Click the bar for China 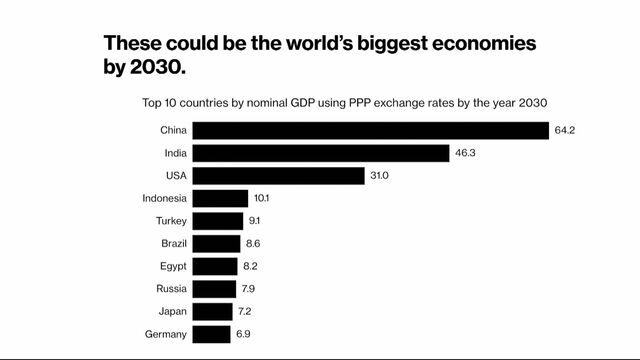click(370, 130)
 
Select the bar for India click(320, 153)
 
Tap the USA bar click(278, 176)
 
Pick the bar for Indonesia click(220, 198)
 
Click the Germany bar click(211, 334)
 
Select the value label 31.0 click(380, 176)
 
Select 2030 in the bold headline click(158, 68)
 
